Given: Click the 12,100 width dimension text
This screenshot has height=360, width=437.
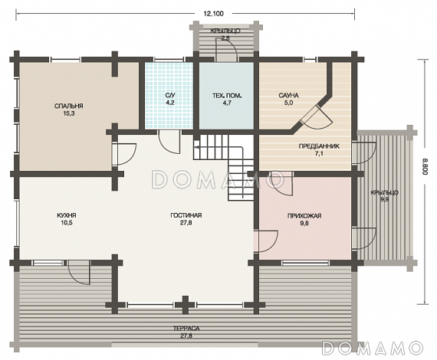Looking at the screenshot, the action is click(214, 14).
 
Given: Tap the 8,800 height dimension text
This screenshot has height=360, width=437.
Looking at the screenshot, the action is click(425, 166).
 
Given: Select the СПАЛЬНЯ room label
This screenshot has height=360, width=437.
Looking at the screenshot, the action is click(69, 106).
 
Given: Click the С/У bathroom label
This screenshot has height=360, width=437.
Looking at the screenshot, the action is click(169, 96).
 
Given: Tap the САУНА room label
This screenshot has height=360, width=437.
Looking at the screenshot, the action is click(288, 96).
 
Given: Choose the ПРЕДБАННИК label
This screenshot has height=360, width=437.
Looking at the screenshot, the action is click(319, 146).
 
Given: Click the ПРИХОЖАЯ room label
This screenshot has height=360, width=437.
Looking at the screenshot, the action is click(304, 216).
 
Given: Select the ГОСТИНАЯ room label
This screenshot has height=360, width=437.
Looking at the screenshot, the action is click(186, 215).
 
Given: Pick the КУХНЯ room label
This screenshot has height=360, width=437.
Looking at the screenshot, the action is click(67, 215).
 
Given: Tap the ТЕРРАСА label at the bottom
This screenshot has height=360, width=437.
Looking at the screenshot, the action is click(186, 329).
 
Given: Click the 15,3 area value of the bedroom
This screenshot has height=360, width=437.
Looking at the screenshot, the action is click(68, 113).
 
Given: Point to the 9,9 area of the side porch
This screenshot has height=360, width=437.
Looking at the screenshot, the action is click(384, 199).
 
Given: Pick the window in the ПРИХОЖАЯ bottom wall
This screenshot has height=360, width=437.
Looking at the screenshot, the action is click(305, 262).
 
